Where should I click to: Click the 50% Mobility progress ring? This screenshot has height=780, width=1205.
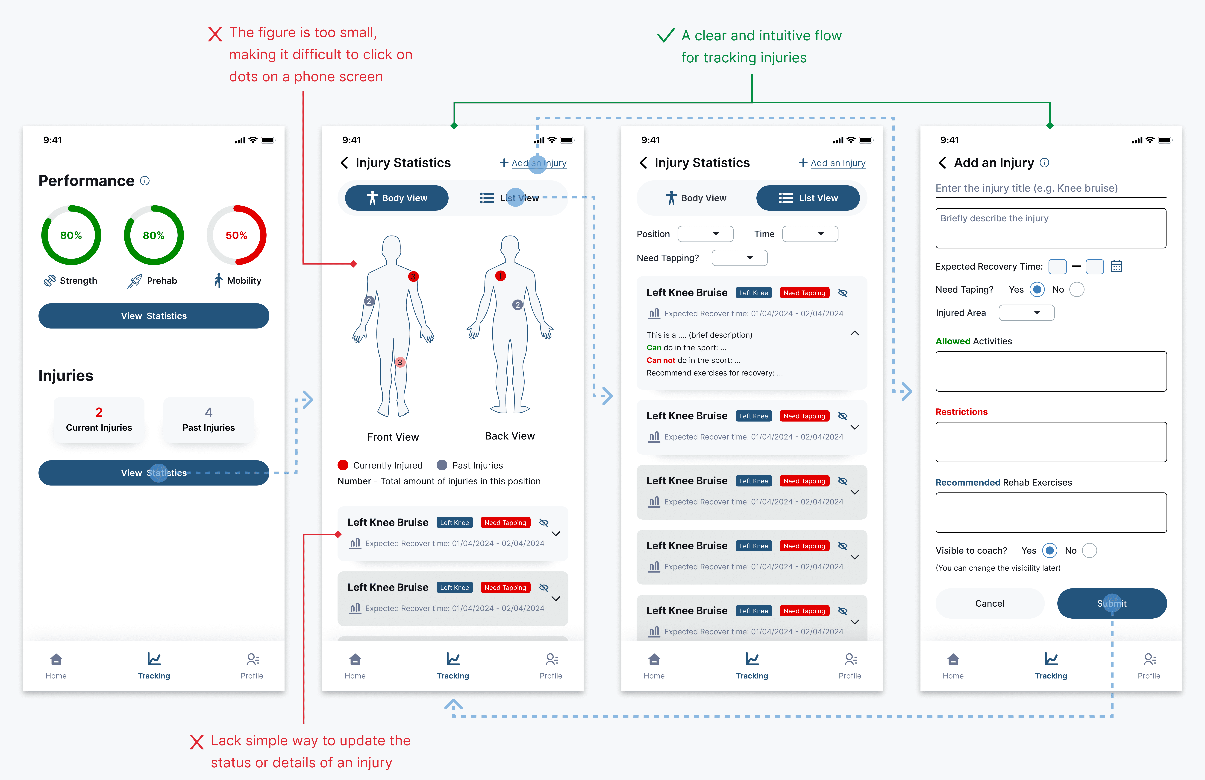tap(236, 235)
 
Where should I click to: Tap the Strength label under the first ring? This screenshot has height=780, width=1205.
tap(78, 280)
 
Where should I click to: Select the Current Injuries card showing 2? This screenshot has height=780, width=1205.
tap(99, 420)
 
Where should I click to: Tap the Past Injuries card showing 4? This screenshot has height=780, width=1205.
tap(209, 420)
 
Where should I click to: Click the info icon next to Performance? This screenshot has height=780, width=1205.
tap(145, 181)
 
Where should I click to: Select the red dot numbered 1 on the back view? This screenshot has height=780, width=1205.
tap(500, 276)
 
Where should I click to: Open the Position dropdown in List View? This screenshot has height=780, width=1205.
tap(705, 234)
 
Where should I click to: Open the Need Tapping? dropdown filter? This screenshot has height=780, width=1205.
tap(739, 258)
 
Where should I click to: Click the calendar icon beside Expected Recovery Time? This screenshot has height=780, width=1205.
tap(1116, 266)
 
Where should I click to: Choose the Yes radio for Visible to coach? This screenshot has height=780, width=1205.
tap(1050, 550)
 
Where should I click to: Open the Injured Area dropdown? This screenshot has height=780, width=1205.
tap(1026, 313)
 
